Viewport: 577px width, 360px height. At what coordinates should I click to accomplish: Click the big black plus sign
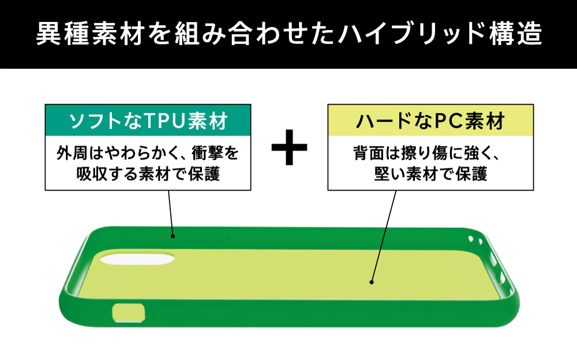point(289,147)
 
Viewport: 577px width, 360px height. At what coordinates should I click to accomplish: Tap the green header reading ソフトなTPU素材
point(148,121)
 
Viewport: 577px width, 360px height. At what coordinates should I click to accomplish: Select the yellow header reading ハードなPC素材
point(430,121)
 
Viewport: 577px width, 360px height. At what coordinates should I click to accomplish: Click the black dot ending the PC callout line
point(372,283)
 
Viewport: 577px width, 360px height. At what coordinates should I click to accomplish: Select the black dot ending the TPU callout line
point(173,236)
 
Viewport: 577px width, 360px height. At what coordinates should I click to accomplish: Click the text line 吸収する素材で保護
point(148,174)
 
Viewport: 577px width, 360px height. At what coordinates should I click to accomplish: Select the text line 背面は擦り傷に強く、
point(430,154)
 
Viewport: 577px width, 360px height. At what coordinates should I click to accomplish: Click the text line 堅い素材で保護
point(430,174)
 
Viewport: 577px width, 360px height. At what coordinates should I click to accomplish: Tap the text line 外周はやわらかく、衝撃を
point(148,154)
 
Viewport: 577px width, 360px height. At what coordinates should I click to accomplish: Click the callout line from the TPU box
point(170,212)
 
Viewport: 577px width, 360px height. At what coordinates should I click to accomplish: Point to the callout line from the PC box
point(384,237)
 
